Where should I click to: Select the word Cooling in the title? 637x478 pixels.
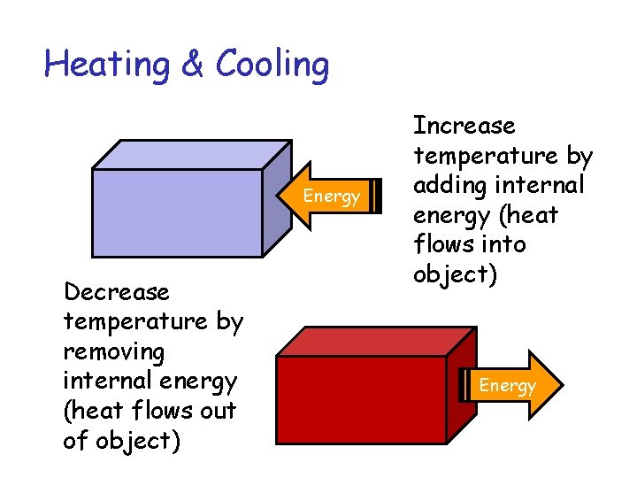point(272,65)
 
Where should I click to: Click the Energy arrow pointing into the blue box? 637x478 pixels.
point(330,196)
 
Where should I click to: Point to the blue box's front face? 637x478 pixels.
point(176,212)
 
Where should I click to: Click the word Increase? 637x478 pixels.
point(464,126)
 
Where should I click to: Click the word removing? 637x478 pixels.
point(113,351)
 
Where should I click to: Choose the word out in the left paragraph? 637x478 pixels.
point(219,411)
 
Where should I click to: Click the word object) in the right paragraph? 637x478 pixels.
point(455,274)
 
